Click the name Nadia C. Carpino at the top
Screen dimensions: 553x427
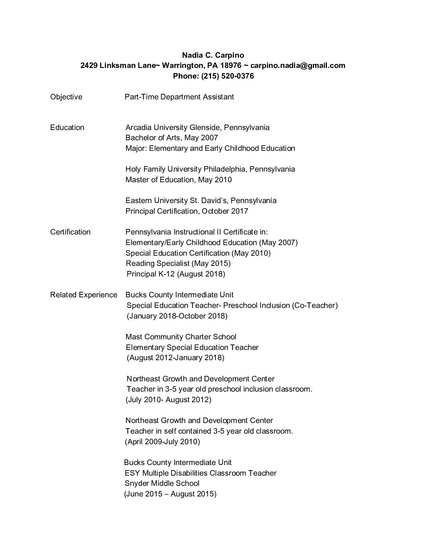213,55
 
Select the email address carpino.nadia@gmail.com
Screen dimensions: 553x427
298,66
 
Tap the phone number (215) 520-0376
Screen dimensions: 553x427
228,76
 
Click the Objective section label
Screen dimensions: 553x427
66,97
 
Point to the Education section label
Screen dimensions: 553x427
67,128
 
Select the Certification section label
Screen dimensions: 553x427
70,232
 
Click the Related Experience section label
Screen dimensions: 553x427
84,295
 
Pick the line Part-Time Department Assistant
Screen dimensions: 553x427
179,97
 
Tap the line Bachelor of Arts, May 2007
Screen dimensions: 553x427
172,138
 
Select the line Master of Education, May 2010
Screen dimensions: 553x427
179,180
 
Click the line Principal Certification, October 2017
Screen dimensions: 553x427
187,211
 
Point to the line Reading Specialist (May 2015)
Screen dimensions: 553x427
178,264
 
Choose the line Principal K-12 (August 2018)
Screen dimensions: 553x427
176,274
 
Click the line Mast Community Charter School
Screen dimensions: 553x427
181,337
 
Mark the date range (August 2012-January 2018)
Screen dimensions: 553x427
175,358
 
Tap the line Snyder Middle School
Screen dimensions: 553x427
162,483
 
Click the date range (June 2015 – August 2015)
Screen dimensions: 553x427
170,494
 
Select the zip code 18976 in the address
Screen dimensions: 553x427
230,66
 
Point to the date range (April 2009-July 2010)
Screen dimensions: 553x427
162,442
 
